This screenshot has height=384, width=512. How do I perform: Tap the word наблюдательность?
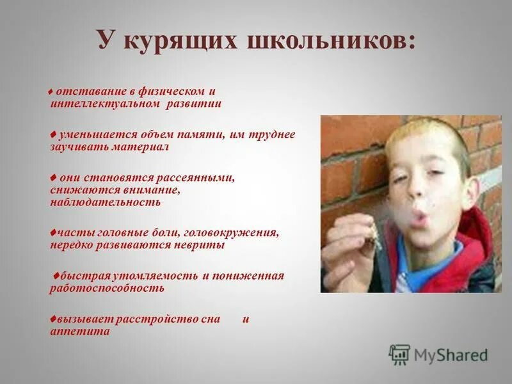coord(105,202)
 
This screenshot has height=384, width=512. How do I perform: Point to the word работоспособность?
coord(107,287)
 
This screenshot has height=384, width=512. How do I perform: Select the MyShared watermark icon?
coord(399,355)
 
